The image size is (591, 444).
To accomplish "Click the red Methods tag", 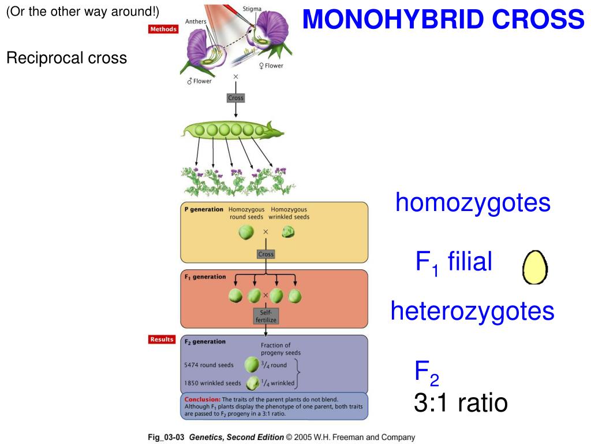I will pos(163,29).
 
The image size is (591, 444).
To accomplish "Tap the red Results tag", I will pos(162,339).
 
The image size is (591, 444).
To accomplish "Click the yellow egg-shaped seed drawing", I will pos(535,268).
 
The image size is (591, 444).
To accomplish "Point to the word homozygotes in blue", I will pos(473,203).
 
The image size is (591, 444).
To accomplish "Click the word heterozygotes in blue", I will pos(472,311).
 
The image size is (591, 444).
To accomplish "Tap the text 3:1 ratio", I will pos(461,402).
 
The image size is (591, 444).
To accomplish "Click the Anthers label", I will pos(196,21).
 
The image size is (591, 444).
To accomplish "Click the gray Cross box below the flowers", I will pos(235,98).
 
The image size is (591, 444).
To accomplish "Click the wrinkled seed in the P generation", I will pos(288,232).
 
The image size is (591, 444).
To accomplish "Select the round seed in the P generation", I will pos(246,232).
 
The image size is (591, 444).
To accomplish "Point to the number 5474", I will pos(191,365).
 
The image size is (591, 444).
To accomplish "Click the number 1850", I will pos(191,383).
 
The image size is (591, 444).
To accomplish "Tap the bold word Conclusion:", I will pos(202,399).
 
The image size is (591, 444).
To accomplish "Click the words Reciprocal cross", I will pos(66,58).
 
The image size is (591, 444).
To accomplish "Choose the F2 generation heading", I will pos(205,342).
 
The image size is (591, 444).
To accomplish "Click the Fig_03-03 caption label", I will pos(166,438).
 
